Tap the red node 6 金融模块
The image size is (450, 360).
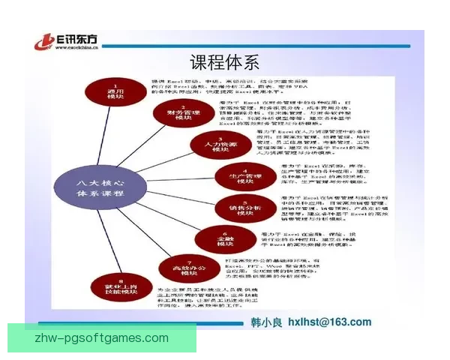pos(220,239)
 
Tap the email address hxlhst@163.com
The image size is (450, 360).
pos(331,323)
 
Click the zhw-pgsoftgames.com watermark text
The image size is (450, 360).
pos(102,337)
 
